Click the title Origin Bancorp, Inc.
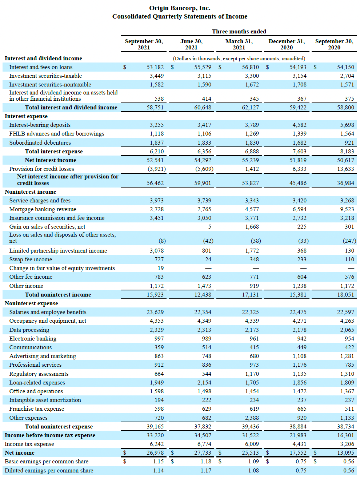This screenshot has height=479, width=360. pyautogui.click(x=180, y=8)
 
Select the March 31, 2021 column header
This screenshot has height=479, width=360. pyautogui.click(x=239, y=44)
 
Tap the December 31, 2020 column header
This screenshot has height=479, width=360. pyautogui.click(x=287, y=44)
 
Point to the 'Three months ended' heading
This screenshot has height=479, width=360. pyautogui.click(x=239, y=31)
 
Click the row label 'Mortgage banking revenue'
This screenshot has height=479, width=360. pyautogui.click(x=43, y=209)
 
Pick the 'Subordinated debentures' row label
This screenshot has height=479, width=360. pyautogui.click(x=40, y=143)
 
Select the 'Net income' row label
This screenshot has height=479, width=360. pyautogui.click(x=19, y=453)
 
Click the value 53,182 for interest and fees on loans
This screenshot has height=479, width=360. pyautogui.click(x=155, y=67)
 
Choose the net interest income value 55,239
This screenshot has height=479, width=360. pyautogui.click(x=250, y=160)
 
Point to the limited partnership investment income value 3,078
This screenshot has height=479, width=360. pyautogui.click(x=157, y=251)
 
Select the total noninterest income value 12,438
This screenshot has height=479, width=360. pyautogui.click(x=203, y=295)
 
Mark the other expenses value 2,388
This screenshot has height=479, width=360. pyautogui.click(x=252, y=418)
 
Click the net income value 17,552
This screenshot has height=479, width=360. pyautogui.click(x=298, y=453)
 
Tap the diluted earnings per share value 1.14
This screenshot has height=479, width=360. pyautogui.click(x=158, y=471)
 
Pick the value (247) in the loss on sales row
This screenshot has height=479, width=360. pyautogui.click(x=349, y=241)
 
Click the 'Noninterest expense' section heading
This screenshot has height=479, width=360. pyautogui.click(x=31, y=303)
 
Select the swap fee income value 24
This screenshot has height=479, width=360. pyautogui.click(x=208, y=259)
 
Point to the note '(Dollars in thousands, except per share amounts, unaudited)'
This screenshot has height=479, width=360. pyautogui.click(x=239, y=59)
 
